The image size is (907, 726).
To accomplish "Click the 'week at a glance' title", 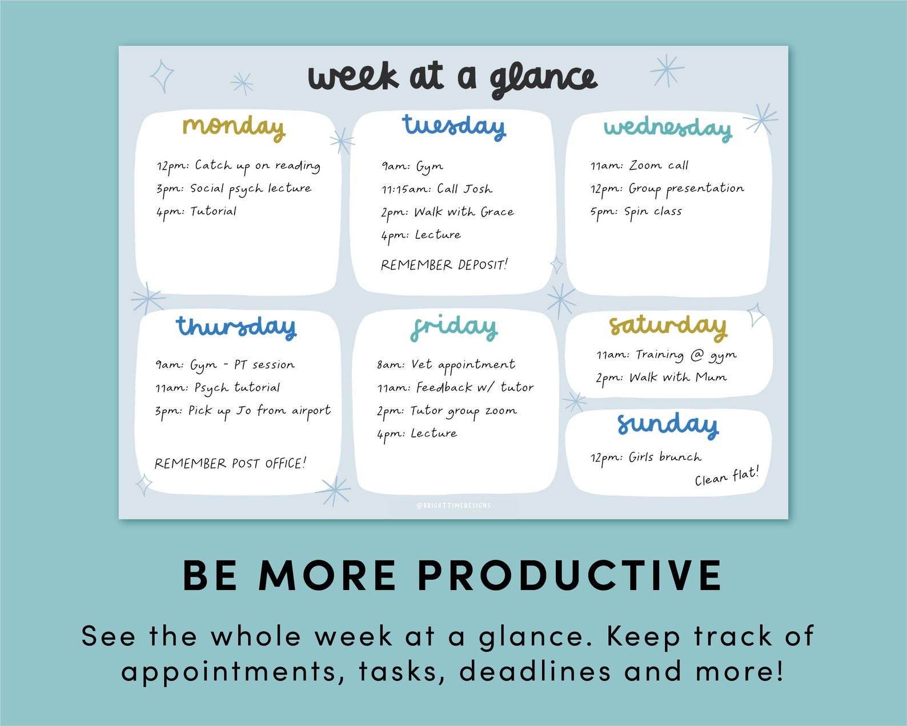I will pyautogui.click(x=452, y=79).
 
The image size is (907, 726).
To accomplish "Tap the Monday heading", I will pyautogui.click(x=234, y=126).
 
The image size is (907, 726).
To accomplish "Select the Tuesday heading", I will pyautogui.click(x=453, y=126).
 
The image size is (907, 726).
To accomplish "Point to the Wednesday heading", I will pyautogui.click(x=668, y=128).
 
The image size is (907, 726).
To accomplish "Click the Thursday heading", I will pyautogui.click(x=236, y=327).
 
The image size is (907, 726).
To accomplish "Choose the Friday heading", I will pyautogui.click(x=454, y=327).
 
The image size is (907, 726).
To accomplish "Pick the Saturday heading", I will pyautogui.click(x=668, y=326).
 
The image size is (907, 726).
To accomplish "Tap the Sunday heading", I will pyautogui.click(x=668, y=425).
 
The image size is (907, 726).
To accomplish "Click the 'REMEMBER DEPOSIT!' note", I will pyautogui.click(x=444, y=265).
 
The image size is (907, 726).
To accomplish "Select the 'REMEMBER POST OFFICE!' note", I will pyautogui.click(x=230, y=463).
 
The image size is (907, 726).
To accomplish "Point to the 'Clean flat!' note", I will pyautogui.click(x=727, y=476).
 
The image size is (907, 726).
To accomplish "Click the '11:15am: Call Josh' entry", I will pyautogui.click(x=437, y=189).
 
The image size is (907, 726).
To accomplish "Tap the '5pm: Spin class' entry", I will pyautogui.click(x=636, y=212).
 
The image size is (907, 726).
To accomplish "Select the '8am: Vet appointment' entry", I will pyautogui.click(x=446, y=365).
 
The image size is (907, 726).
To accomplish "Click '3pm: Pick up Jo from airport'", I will pyautogui.click(x=243, y=411).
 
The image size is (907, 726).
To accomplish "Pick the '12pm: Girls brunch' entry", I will pyautogui.click(x=645, y=458).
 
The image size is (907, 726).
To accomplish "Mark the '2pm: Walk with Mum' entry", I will pyautogui.click(x=661, y=378).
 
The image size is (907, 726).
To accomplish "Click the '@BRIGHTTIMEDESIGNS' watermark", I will pyautogui.click(x=453, y=506).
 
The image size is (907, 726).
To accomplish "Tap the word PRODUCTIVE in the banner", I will pyautogui.click(x=569, y=575).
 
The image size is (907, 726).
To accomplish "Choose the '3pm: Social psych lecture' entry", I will pyautogui.click(x=234, y=189).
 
